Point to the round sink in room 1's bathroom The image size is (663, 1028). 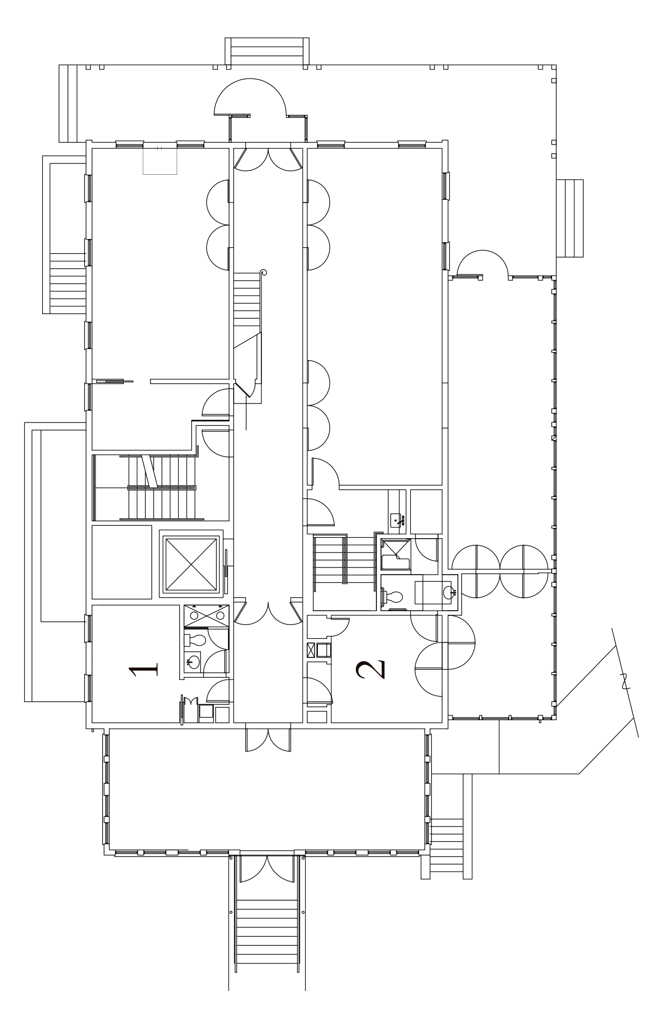click(x=193, y=662)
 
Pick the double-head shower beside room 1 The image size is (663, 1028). click(x=206, y=616)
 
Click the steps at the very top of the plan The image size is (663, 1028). click(x=267, y=51)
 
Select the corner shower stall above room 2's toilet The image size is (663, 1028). click(x=395, y=555)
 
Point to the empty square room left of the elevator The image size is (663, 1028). click(x=122, y=562)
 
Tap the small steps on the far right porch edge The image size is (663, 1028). click(x=570, y=218)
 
